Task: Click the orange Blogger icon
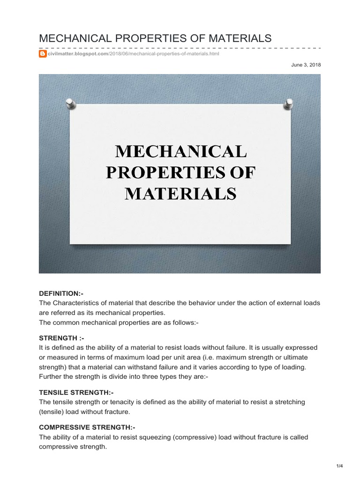point(43,54)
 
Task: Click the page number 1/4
point(340,465)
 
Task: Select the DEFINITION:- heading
point(61,293)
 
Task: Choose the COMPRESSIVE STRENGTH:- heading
point(87,427)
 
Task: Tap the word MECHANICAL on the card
point(180,151)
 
